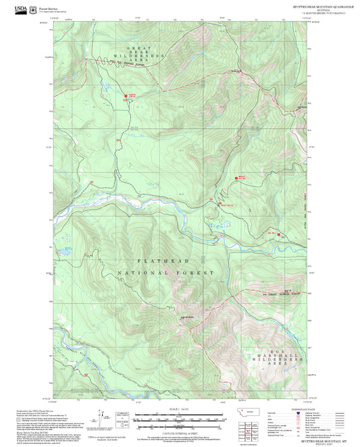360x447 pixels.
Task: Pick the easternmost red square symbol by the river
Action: coord(280,234)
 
